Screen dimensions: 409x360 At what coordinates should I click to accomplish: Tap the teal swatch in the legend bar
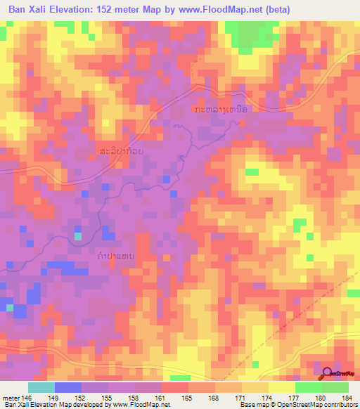[x=41, y=387]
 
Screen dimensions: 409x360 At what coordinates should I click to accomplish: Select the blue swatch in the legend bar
[x=68, y=387]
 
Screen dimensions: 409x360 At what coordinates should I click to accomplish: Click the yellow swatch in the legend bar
[x=282, y=387]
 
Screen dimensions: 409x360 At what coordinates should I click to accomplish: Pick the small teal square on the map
[x=77, y=235]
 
